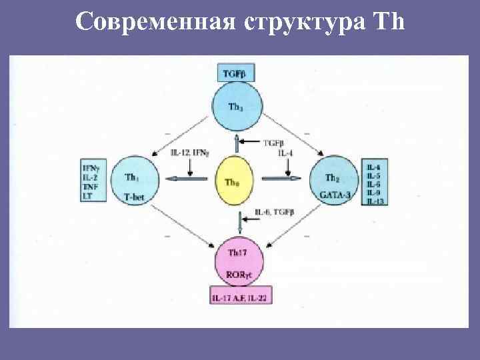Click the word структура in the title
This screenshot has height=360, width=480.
pos(298,23)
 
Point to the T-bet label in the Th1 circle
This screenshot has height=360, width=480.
pos(135,195)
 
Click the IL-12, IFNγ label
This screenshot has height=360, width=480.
pos(189,153)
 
